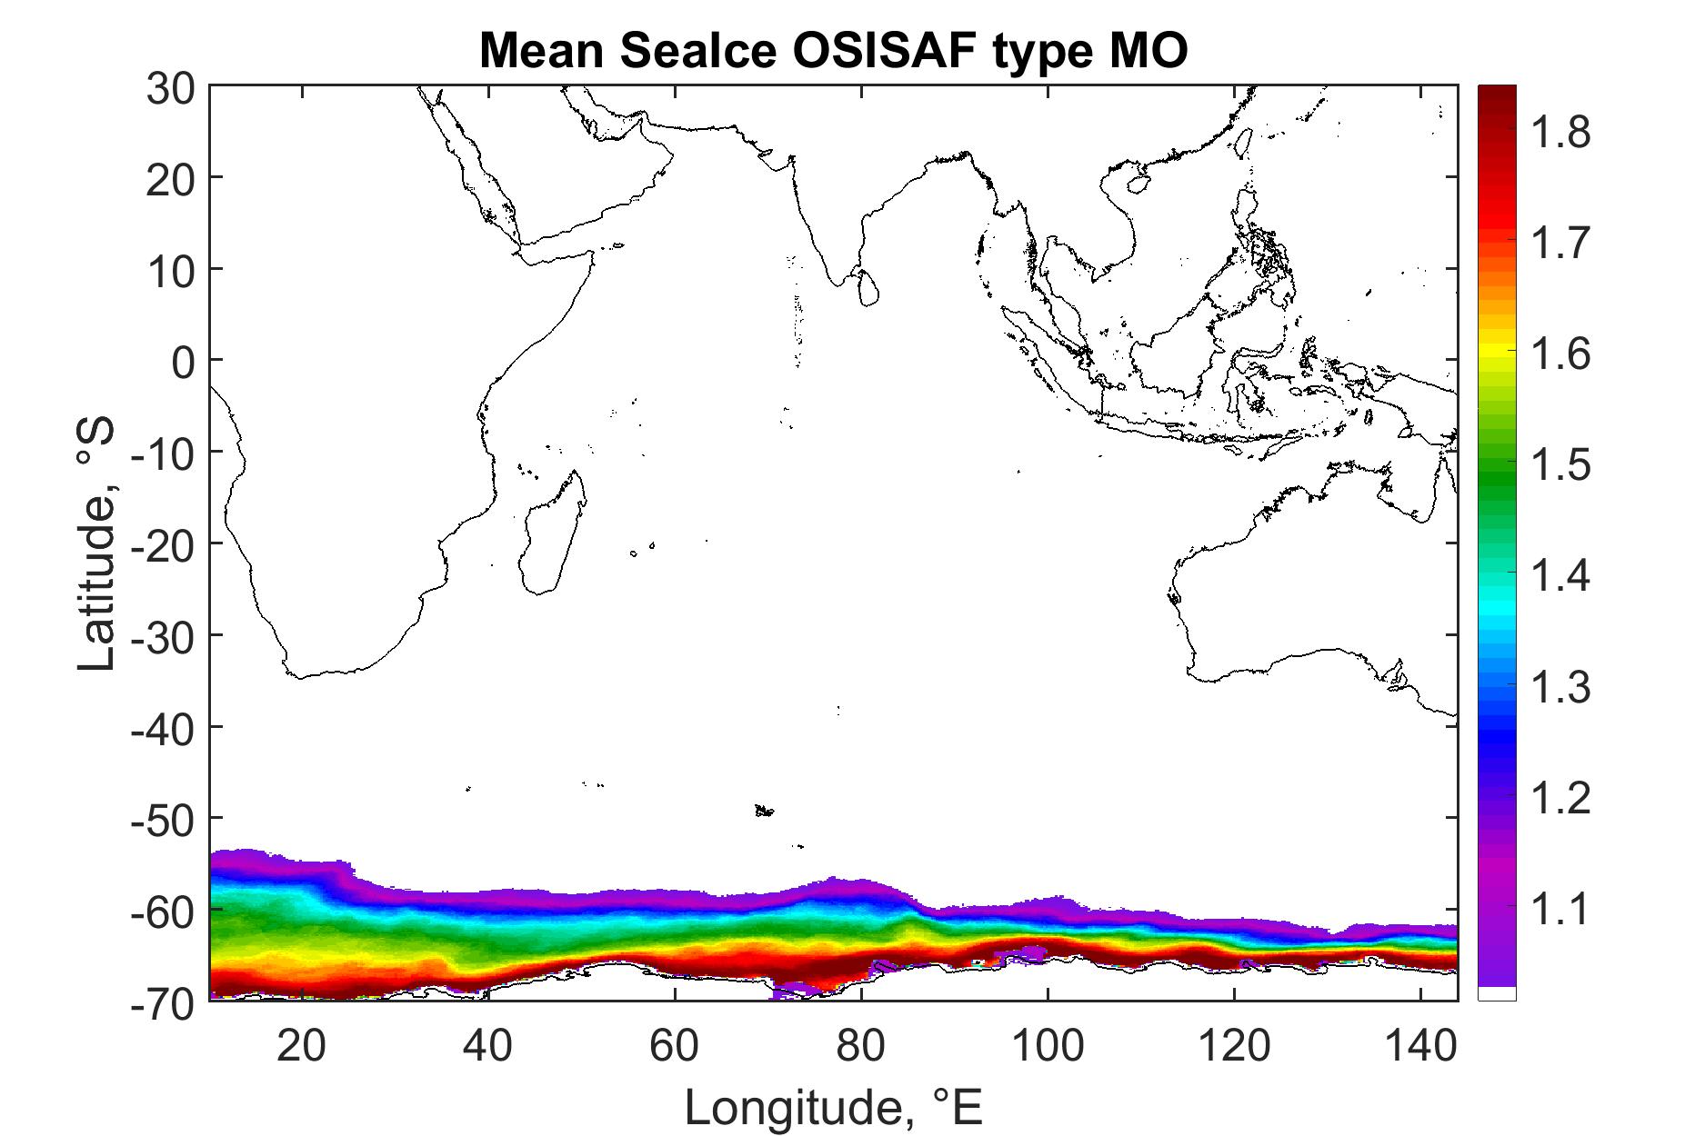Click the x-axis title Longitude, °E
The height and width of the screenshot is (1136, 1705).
[x=834, y=1107]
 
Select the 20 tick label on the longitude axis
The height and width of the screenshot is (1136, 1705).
[x=302, y=1046]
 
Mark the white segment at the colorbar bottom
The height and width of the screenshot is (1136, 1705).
[x=1497, y=993]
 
